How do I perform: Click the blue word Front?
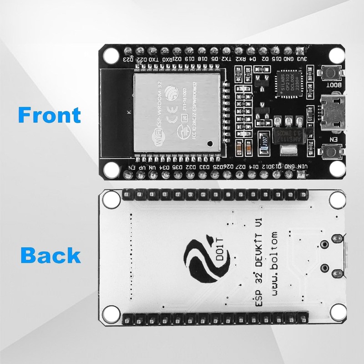click(50, 114)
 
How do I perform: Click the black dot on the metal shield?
click(209, 144)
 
